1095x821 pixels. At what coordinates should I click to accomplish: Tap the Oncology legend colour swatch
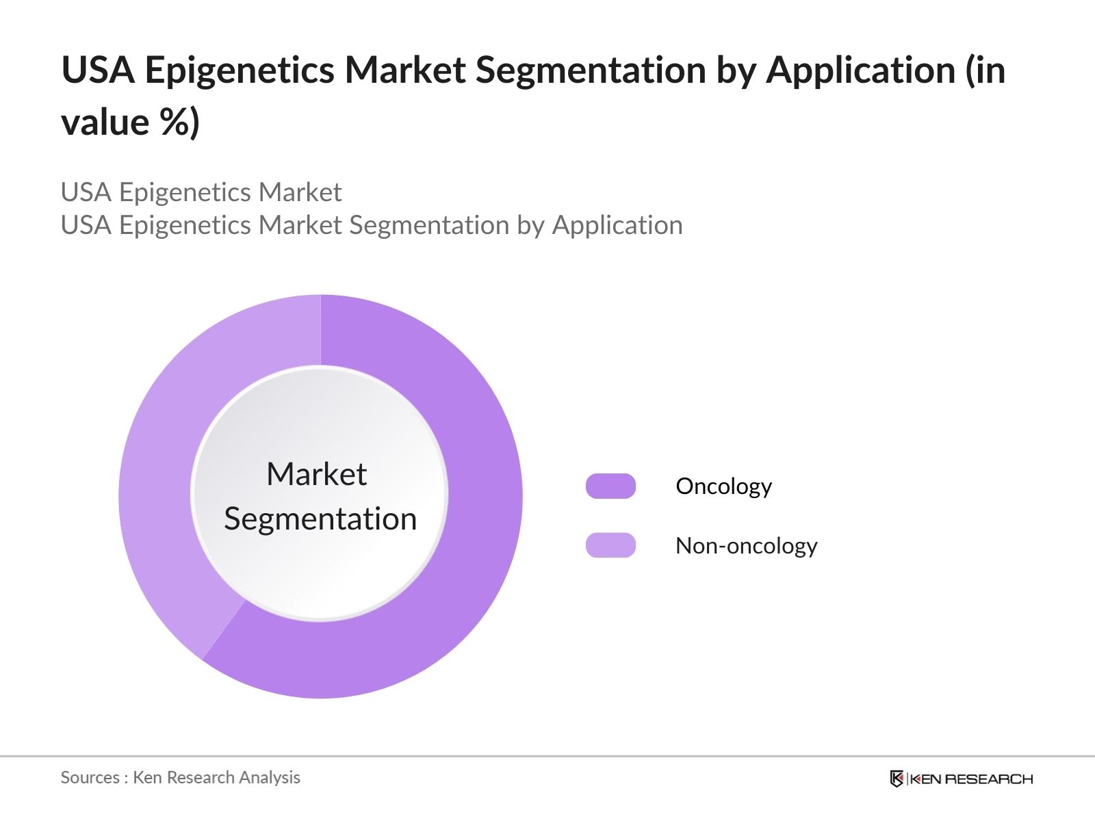(x=610, y=486)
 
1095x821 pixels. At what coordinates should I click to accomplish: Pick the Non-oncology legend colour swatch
(x=610, y=545)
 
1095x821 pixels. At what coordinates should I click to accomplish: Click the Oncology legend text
(x=723, y=486)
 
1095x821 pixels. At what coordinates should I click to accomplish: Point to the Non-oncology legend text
(x=746, y=546)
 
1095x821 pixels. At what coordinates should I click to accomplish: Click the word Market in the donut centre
(x=316, y=474)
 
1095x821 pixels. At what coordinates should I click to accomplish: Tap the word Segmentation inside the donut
(x=320, y=519)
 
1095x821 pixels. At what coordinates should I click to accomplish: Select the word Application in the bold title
(x=860, y=70)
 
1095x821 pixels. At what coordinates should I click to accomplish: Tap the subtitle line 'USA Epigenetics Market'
(x=201, y=192)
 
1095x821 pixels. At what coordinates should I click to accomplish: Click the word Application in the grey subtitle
(x=617, y=225)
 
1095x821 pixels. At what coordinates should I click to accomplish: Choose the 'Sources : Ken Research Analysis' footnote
(x=180, y=777)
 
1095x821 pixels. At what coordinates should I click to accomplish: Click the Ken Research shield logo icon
(x=897, y=779)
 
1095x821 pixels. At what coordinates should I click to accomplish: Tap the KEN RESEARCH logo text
(x=971, y=779)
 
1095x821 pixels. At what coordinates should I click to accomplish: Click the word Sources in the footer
(x=90, y=777)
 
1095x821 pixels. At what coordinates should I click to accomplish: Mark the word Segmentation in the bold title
(x=591, y=70)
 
